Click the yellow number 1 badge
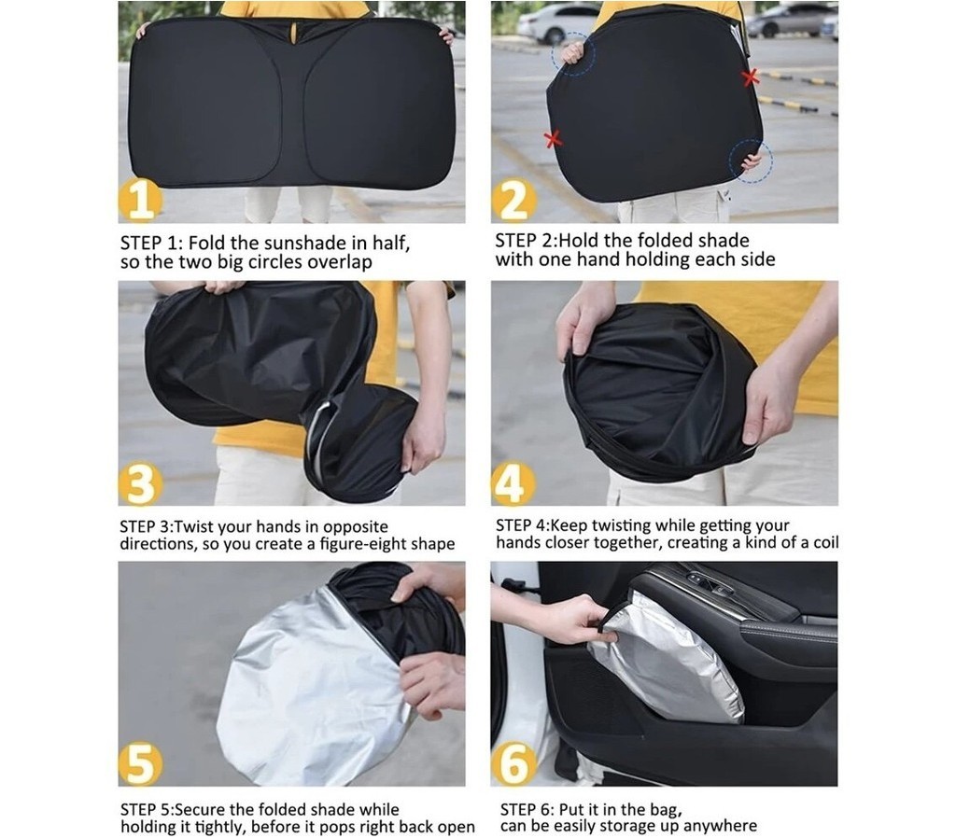click(140, 201)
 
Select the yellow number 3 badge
click(140, 484)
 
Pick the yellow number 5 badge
click(140, 764)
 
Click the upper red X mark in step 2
click(750, 77)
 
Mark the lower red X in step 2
click(553, 139)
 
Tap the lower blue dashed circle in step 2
click(752, 161)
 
